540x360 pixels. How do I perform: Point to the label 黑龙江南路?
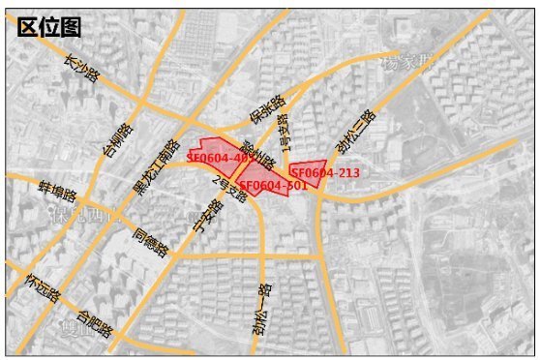click(156, 165)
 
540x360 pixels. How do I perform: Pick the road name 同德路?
click(151, 240)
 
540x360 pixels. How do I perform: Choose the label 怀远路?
click(44, 287)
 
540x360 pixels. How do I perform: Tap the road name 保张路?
click(267, 110)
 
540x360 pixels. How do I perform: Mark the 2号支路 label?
click(229, 183)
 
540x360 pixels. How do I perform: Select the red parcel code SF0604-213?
click(325, 172)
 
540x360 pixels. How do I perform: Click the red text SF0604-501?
click(273, 185)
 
